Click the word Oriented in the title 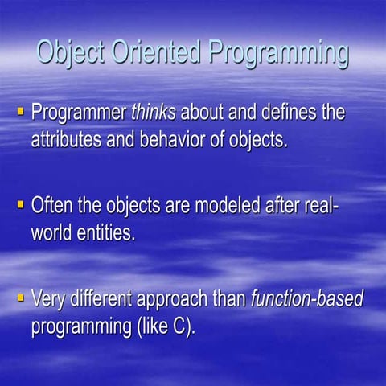pyautogui.click(x=161, y=54)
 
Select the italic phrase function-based pyautogui.click(x=307, y=300)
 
